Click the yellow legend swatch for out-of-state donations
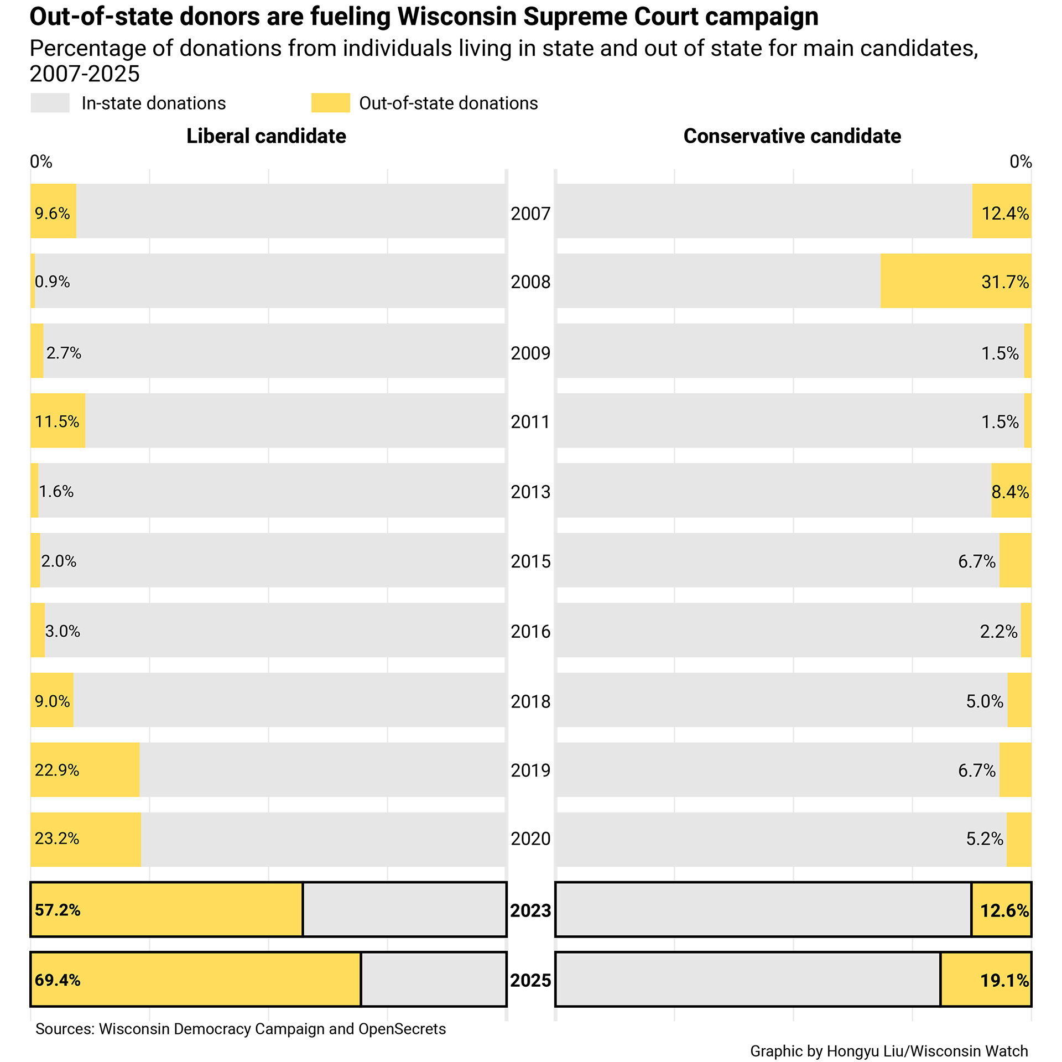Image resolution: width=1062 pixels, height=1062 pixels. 330,103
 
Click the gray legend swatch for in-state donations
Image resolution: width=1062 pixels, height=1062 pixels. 50,103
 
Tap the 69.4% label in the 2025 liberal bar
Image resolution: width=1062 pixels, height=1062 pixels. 58,980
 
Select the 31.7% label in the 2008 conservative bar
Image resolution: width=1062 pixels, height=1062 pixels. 1004,282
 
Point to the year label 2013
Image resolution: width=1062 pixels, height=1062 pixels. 530,492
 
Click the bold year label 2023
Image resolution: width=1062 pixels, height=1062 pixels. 530,910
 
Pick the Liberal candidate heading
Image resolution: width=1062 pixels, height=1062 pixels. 266,136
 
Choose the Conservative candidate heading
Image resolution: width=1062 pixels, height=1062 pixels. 792,136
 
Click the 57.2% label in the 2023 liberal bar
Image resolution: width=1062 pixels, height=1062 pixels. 58,910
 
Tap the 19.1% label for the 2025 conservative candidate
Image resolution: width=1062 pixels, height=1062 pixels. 1004,981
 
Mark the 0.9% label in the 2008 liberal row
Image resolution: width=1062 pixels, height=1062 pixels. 52,282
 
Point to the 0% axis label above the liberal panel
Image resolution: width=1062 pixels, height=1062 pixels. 41,162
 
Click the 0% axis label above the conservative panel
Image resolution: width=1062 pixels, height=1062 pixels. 1020,162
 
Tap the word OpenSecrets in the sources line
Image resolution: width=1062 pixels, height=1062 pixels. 402,1029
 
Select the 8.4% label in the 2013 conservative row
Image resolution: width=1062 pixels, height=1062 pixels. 1010,492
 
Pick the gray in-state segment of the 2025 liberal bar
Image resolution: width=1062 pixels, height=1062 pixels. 433,980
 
